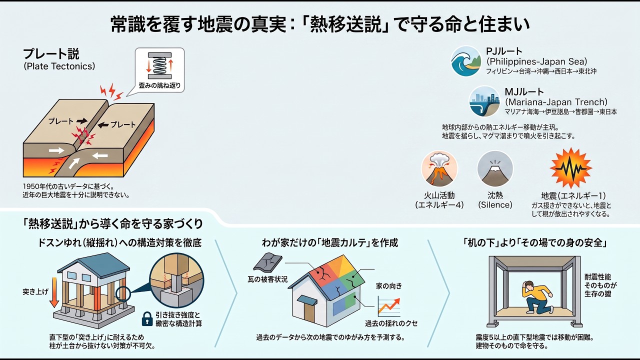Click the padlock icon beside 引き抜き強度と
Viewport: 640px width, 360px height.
pyautogui.click(x=147, y=319)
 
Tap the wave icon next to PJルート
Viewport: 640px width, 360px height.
pyautogui.click(x=466, y=61)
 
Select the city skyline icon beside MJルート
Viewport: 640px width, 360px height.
pyautogui.click(x=484, y=101)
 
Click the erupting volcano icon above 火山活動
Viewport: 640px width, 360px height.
pyautogui.click(x=439, y=169)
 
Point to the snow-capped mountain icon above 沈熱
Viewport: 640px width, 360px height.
pyautogui.click(x=495, y=169)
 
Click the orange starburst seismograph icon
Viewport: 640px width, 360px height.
pyautogui.click(x=571, y=168)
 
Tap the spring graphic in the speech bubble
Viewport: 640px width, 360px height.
pyautogui.click(x=159, y=65)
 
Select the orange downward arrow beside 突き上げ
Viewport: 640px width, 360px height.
pyautogui.click(x=54, y=292)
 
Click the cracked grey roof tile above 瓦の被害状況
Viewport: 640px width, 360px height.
pyautogui.click(x=267, y=261)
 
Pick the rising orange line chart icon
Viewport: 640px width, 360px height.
pyautogui.click(x=389, y=306)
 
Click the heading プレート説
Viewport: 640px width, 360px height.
pyautogui.click(x=51, y=53)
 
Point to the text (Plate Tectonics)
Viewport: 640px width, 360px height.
pyautogui.click(x=59, y=66)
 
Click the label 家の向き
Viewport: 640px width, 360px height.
pyautogui.click(x=389, y=286)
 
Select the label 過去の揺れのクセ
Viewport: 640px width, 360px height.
pyautogui.click(x=391, y=323)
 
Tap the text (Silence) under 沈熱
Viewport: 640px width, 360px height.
pyautogui.click(x=495, y=205)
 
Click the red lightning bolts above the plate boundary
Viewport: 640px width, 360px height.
pyautogui.click(x=111, y=91)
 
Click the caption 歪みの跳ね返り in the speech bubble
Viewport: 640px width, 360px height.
pyautogui.click(x=159, y=85)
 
